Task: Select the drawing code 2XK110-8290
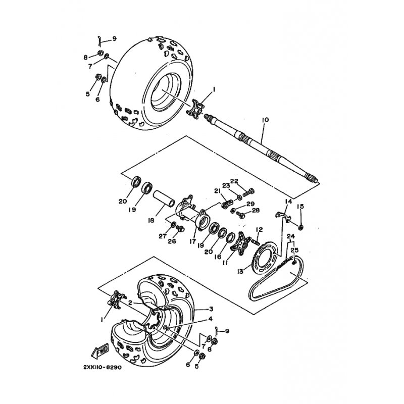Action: (103, 367)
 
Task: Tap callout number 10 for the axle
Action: (265, 120)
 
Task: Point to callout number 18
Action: (151, 220)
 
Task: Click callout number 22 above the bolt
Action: (234, 181)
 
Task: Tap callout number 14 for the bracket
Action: (288, 201)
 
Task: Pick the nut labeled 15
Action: (300, 227)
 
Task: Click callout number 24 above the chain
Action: (291, 236)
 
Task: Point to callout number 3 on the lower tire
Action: (211, 309)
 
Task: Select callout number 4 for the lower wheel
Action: (211, 319)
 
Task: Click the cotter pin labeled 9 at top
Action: (99, 41)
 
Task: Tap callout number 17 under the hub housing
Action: (192, 241)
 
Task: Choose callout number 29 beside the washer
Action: (250, 204)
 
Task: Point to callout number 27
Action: (163, 236)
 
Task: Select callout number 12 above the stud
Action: (259, 229)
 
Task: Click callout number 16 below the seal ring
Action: (218, 257)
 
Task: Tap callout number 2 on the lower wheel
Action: (130, 303)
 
